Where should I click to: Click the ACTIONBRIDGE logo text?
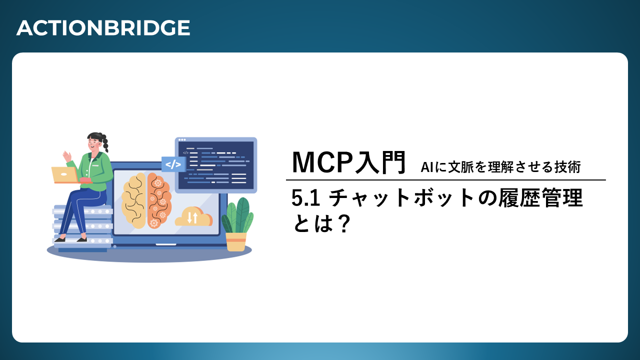103,28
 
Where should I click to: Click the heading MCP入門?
349,162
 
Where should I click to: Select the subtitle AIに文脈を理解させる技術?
500,167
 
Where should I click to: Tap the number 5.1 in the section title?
305,197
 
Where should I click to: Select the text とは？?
321,223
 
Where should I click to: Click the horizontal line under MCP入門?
445,180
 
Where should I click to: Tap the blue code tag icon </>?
173,164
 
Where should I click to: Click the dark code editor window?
216,165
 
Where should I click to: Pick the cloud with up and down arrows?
193,216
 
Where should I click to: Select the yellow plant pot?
236,242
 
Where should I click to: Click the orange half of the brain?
159,200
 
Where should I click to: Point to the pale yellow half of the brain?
134,200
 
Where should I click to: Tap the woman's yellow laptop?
65,175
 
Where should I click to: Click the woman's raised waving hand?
67,156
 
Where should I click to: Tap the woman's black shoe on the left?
59,239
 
